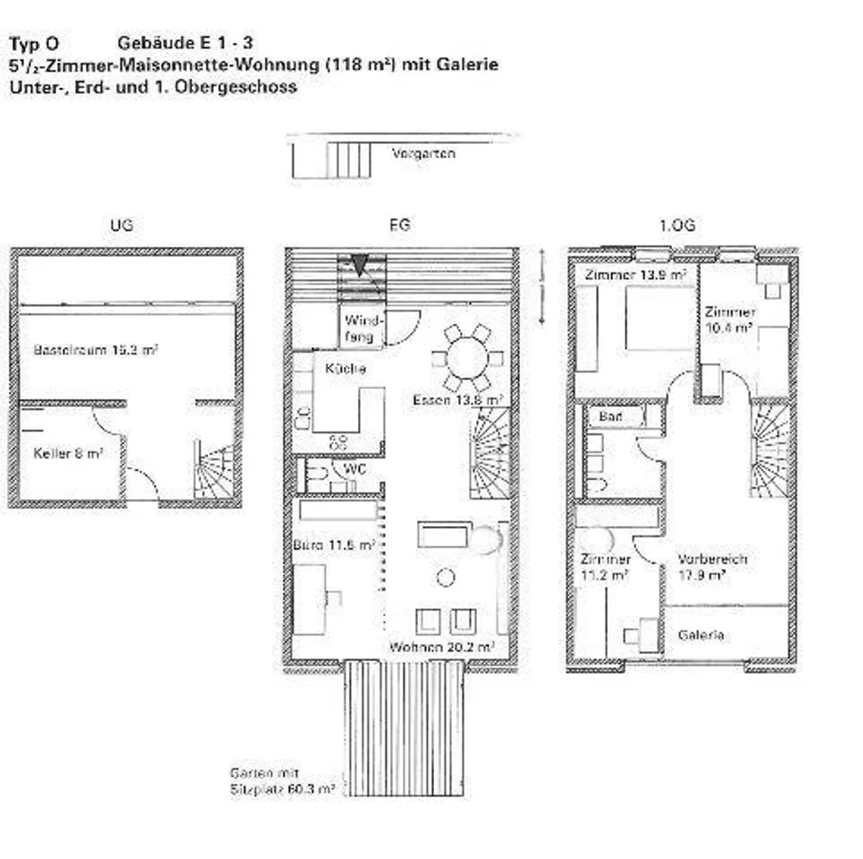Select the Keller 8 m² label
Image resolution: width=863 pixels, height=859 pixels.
[68, 453]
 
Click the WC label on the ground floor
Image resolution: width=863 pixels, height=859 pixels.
[354, 469]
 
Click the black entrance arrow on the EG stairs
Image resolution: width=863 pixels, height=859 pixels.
[359, 264]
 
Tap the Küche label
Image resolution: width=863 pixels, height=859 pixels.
[345, 368]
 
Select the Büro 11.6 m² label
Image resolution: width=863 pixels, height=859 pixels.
[333, 545]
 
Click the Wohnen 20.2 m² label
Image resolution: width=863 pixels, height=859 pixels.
[442, 647]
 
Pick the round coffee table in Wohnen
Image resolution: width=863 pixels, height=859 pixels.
[445, 577]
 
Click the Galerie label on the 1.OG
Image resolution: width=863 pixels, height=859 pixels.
[701, 635]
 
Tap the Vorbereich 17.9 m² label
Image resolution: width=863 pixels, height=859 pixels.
[712, 567]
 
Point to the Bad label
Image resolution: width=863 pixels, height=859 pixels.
[610, 416]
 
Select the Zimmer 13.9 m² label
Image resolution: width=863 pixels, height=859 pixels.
[635, 275]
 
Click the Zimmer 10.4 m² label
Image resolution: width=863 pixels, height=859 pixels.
[729, 320]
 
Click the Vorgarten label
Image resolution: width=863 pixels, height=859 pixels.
[423, 153]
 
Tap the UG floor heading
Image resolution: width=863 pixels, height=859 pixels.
[122, 225]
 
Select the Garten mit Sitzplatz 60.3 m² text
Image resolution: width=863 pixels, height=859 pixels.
[282, 781]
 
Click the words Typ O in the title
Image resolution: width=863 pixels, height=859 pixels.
[34, 44]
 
